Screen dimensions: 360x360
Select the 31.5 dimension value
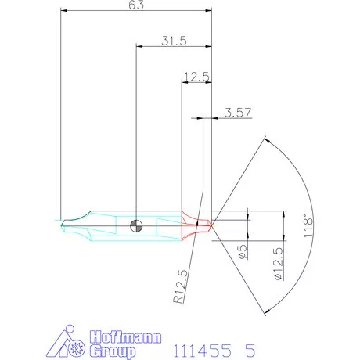[174, 41]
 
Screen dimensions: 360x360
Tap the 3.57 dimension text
[237, 112]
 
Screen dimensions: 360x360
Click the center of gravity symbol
[137, 225]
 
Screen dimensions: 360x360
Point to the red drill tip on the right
[206, 223]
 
